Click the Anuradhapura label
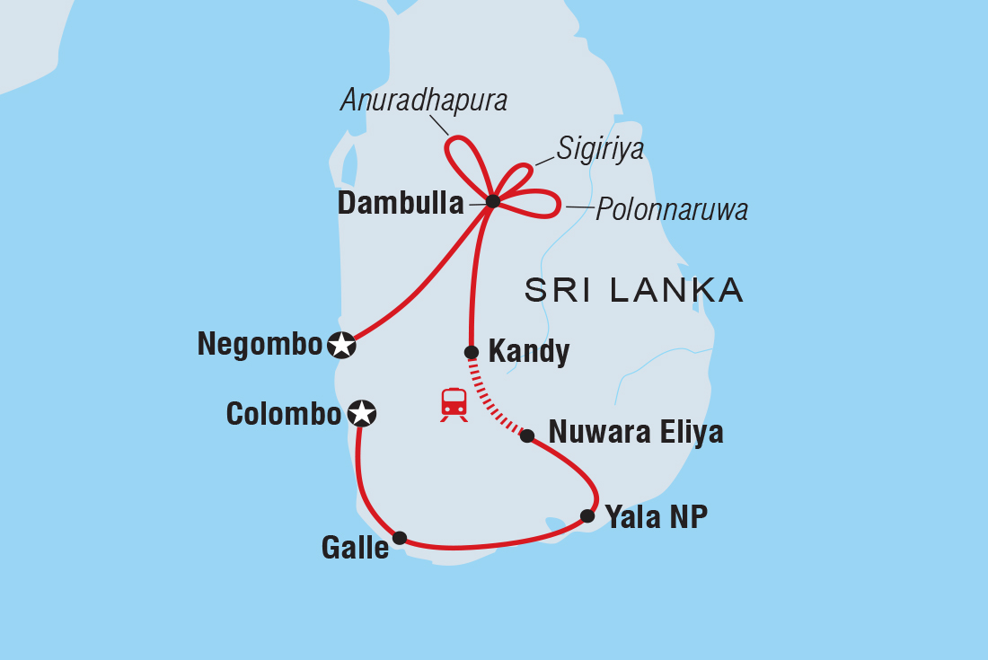(424, 101)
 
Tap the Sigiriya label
(600, 149)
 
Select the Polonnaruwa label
(672, 210)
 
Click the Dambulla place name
(401, 204)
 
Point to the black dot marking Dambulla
(492, 201)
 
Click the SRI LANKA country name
(634, 290)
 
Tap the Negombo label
(260, 345)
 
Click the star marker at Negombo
(341, 345)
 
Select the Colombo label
(284, 414)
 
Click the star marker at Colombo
(361, 413)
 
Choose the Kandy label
(528, 352)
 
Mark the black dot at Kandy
(471, 352)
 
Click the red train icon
(454, 404)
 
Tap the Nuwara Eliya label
(636, 433)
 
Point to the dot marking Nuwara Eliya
(528, 436)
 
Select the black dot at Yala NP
(587, 515)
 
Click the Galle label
(355, 547)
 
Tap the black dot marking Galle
(400, 538)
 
